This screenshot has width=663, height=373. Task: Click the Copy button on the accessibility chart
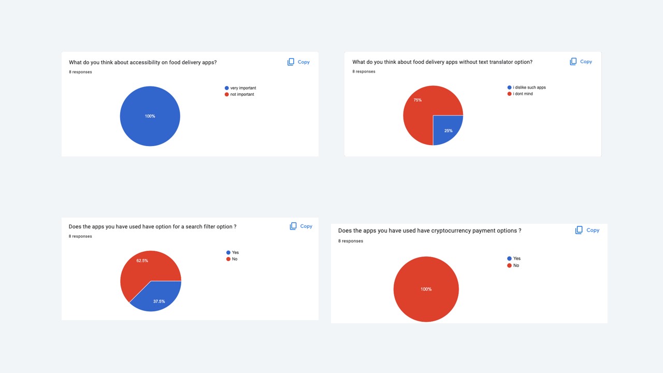[298, 62]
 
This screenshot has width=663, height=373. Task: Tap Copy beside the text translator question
[581, 62]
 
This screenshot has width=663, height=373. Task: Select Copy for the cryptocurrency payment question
[587, 230]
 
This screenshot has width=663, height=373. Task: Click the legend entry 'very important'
[242, 88]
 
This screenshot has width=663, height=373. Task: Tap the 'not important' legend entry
[241, 94]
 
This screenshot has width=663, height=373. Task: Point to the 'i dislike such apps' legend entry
[528, 88]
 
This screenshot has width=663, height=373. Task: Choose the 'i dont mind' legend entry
[522, 94]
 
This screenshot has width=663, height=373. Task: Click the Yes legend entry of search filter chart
[235, 252]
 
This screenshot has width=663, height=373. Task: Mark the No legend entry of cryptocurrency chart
[515, 265]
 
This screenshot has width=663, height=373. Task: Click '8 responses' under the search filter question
[80, 236]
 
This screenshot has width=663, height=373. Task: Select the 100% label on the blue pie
[150, 116]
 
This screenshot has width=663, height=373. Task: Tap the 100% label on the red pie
[426, 289]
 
